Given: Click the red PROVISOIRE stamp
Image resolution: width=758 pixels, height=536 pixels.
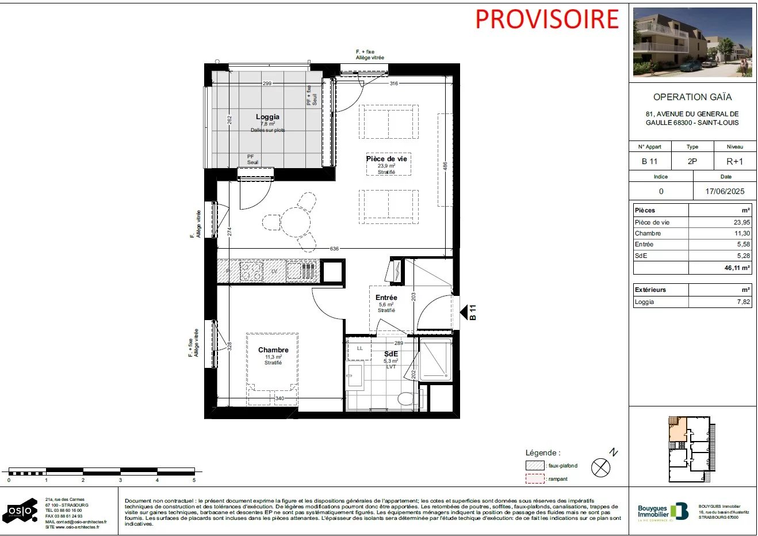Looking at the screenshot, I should [546, 19].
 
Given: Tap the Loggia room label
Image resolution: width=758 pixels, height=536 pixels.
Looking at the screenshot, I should [267, 117].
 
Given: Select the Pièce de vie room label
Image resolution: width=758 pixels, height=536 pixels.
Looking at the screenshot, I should [386, 159].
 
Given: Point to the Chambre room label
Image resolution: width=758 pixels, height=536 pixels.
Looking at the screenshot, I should [273, 350].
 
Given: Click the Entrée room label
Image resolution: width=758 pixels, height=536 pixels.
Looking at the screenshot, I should [386, 298].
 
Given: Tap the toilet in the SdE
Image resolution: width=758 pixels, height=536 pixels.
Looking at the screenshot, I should [407, 398].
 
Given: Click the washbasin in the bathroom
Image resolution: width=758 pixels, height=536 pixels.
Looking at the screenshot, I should [355, 377].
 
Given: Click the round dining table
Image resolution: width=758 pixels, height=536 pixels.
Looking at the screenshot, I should [296, 221].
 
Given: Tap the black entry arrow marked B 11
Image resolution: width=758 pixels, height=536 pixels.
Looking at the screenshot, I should [464, 313].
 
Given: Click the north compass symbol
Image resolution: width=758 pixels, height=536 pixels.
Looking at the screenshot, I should [601, 467].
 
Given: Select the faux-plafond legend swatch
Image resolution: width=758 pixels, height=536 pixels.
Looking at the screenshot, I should [534, 466].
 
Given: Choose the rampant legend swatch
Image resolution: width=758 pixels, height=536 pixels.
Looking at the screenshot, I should [534, 479].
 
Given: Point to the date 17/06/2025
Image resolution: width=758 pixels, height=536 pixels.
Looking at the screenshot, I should [725, 191].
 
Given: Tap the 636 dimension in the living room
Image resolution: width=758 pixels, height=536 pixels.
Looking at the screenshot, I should [334, 249].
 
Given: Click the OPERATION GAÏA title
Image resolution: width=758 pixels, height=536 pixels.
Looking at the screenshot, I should [692, 97].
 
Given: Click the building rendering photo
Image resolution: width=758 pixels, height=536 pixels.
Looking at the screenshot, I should [692, 42].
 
